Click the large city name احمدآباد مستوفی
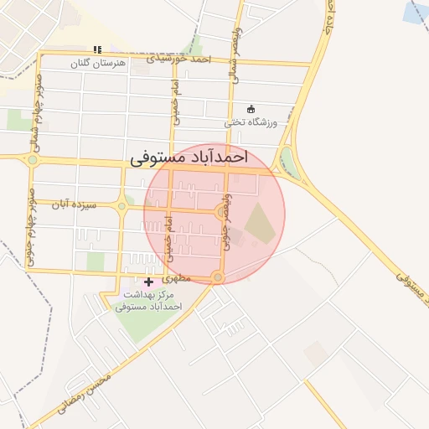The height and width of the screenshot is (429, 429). point(190,157)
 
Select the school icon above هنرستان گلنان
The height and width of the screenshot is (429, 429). point(98,49)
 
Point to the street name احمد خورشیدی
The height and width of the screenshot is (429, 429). point(179,59)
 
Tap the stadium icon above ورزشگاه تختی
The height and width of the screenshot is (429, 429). point(250,108)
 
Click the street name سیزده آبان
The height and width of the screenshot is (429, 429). point(74,204)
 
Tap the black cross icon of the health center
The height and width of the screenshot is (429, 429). point(149,282)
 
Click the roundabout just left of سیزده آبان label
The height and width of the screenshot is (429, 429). point(121,205)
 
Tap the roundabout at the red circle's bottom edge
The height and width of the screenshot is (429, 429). point(218,277)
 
